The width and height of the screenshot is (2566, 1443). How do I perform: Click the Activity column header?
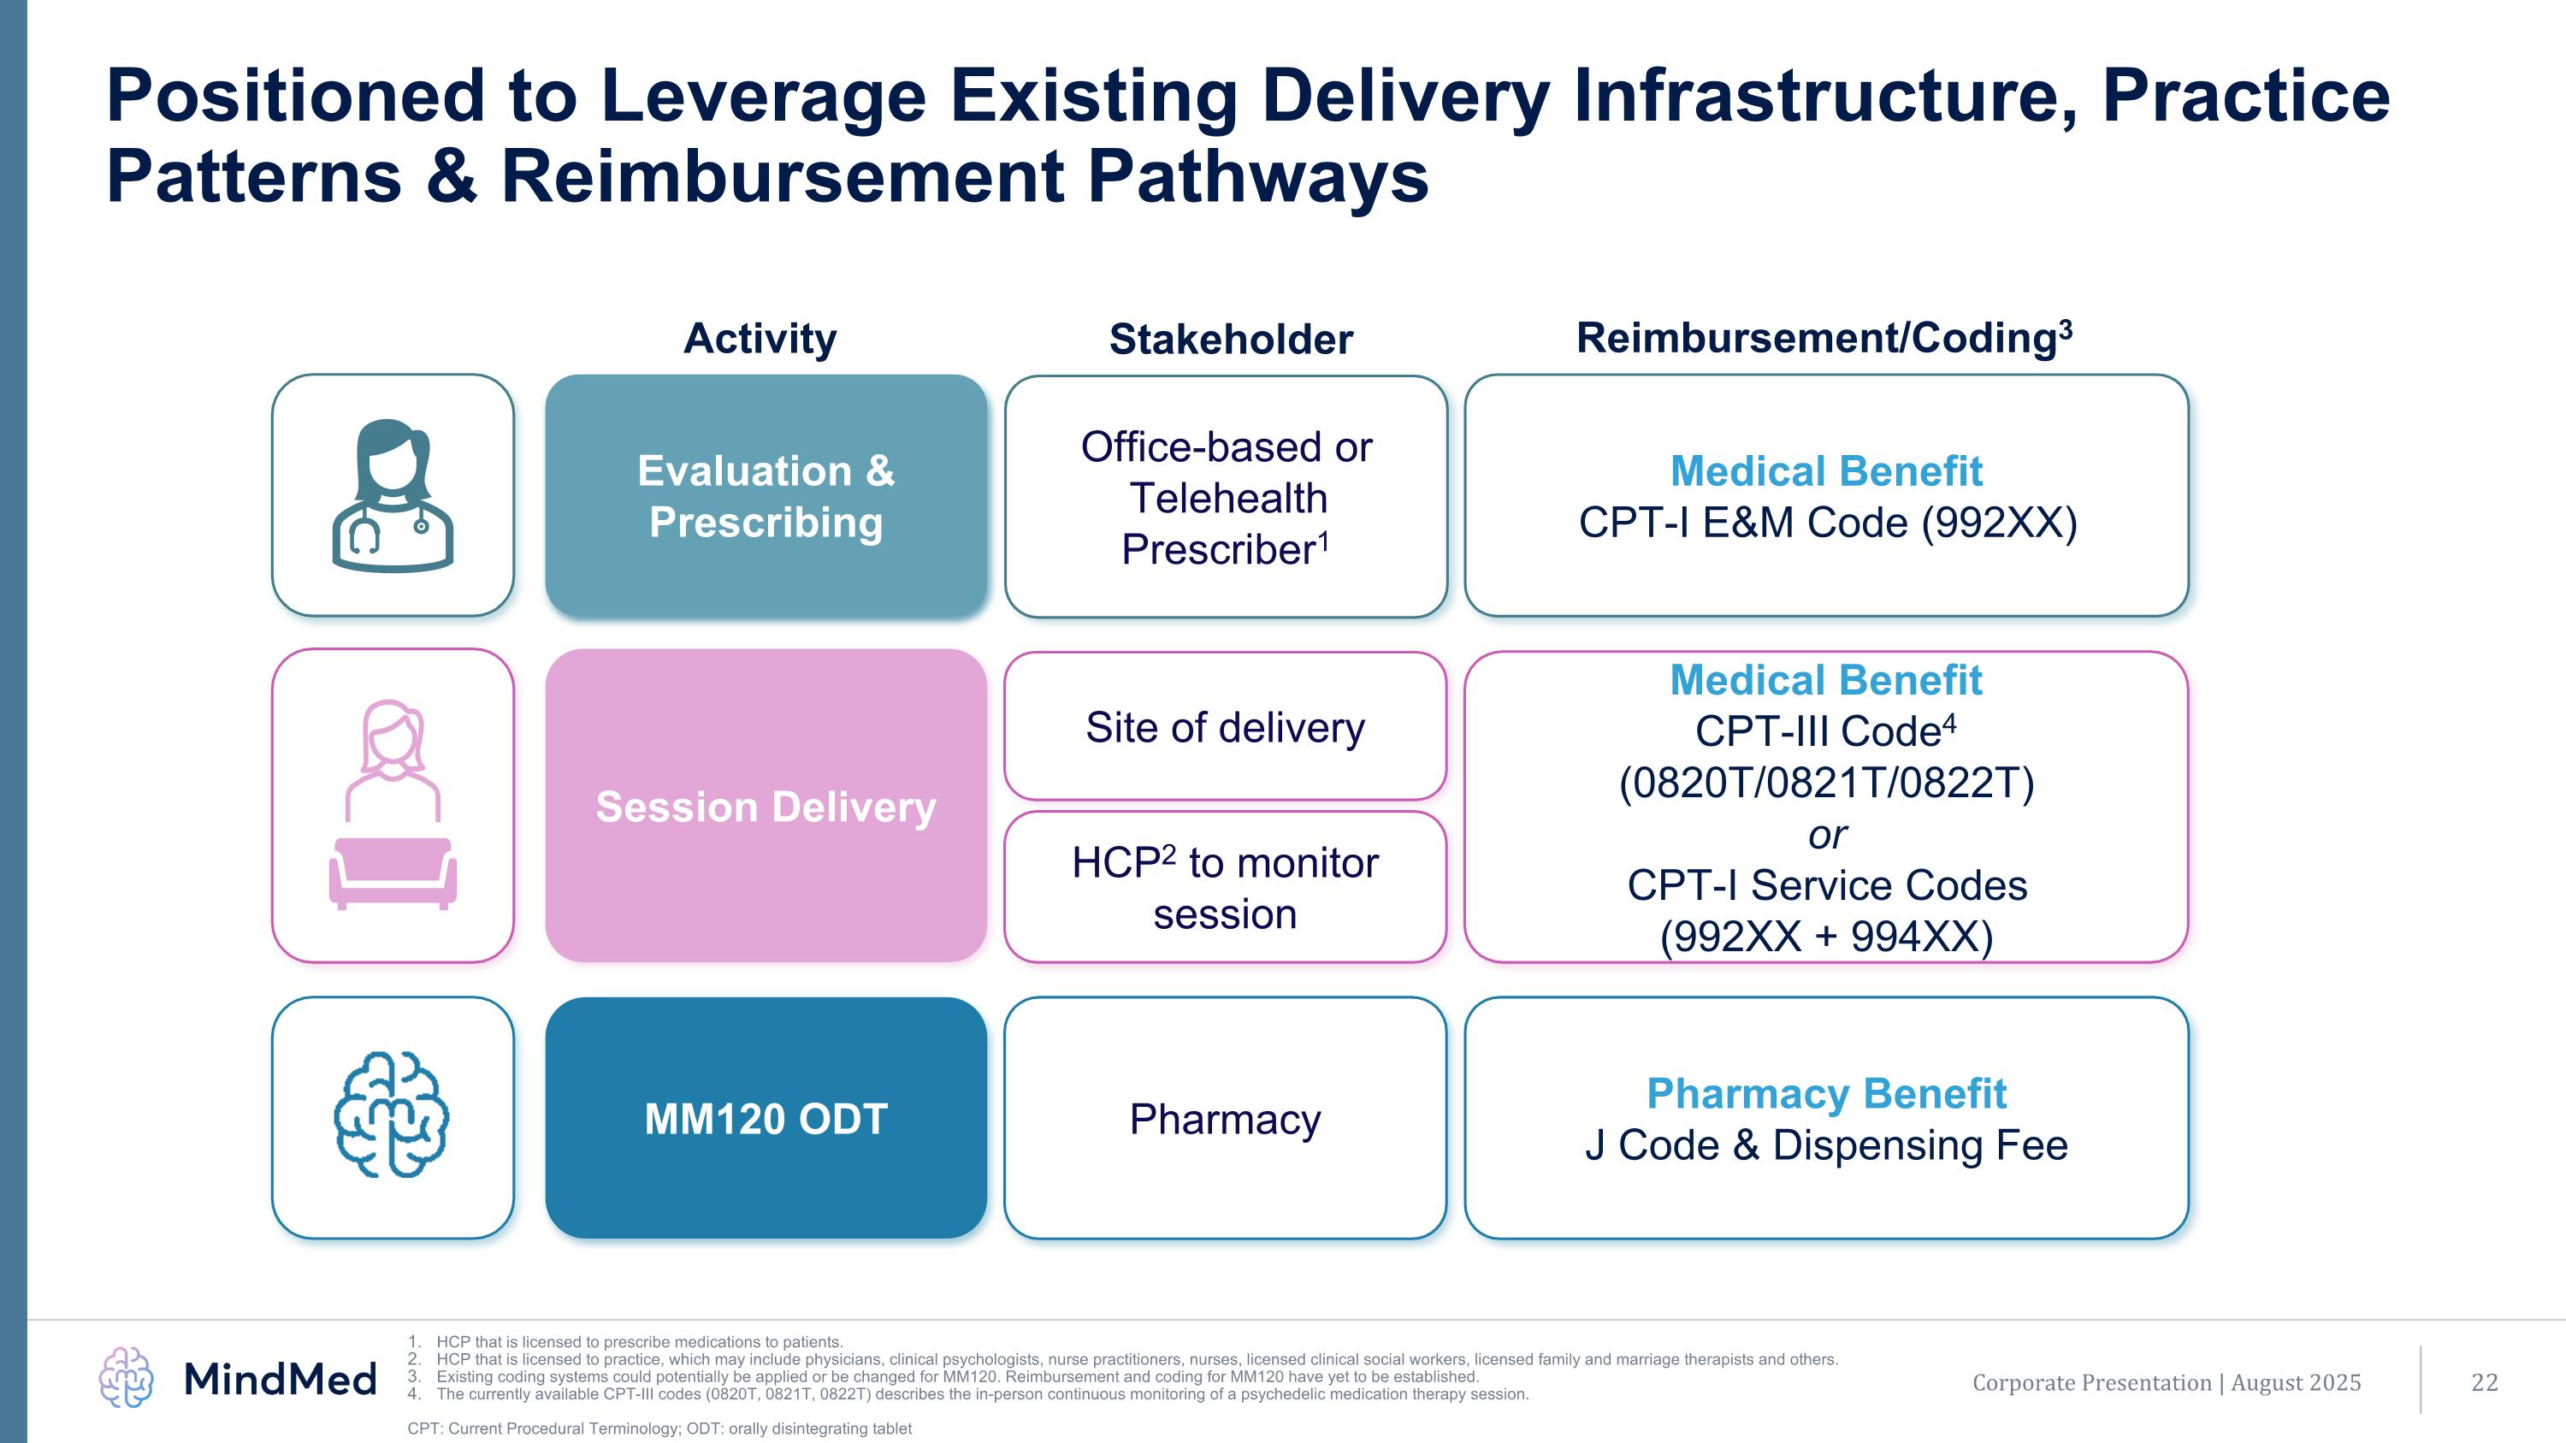tap(760, 339)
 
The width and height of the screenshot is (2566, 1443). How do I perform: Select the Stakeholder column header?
tap(1230, 340)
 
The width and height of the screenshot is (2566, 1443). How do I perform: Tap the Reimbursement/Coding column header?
tap(1824, 338)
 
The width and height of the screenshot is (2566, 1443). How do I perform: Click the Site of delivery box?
tap(1224, 727)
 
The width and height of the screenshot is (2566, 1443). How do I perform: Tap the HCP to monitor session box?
tap(1224, 887)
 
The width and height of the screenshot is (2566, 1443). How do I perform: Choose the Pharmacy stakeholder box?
tap(1224, 1118)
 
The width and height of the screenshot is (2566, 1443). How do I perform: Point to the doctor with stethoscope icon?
tap(393, 496)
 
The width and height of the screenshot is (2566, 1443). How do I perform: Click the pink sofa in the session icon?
tap(393, 872)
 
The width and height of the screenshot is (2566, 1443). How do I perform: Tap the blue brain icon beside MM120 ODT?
tap(392, 1115)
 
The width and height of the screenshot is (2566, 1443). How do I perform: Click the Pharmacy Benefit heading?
tap(1826, 1093)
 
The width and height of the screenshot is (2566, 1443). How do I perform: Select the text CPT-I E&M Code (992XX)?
tap(1827, 523)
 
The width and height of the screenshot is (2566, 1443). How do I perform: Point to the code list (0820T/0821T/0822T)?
tap(1826, 783)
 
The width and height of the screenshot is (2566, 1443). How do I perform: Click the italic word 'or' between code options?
tap(1827, 835)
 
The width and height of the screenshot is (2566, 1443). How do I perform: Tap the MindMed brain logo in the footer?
tap(127, 1377)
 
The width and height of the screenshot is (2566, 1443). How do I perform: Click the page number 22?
tap(2485, 1382)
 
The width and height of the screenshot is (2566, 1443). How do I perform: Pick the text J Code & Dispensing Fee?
tap(1826, 1145)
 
